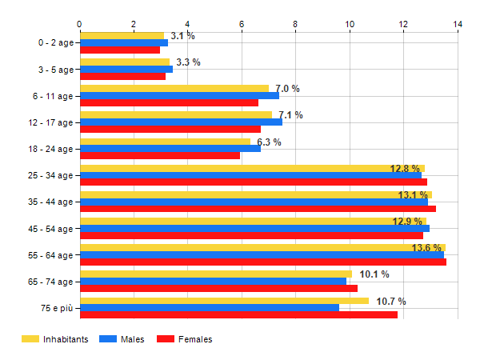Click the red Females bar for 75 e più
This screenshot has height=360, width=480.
tap(238, 314)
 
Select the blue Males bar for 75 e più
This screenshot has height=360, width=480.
tap(210, 307)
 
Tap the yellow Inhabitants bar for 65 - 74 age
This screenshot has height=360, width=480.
tap(215, 274)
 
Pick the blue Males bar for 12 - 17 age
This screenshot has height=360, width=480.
tap(181, 122)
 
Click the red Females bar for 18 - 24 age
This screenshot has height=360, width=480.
tap(160, 155)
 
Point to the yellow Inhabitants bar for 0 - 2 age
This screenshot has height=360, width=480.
tap(122, 35)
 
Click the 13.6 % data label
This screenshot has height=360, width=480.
tap(426, 248)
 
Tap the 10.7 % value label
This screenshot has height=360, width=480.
tap(391, 302)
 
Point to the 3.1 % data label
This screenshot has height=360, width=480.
tap(182, 36)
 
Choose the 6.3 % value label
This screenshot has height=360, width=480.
tap(269, 142)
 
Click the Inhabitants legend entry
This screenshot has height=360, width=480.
tap(55, 339)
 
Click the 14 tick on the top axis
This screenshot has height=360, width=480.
tap(458, 24)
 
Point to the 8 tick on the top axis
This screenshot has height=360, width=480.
tap(295, 24)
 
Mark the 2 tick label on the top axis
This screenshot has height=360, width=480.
tap(133, 24)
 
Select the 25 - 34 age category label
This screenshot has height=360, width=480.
tap(49, 175)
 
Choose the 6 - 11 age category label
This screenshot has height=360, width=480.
tap(51, 95)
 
